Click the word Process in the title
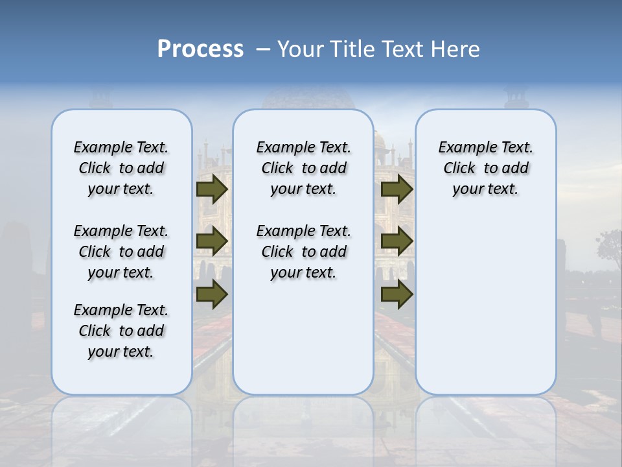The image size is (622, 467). pyautogui.click(x=200, y=49)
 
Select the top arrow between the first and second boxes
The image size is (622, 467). pyautogui.click(x=212, y=189)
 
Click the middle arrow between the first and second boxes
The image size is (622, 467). pyautogui.click(x=212, y=241)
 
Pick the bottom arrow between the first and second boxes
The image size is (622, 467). pyautogui.click(x=212, y=294)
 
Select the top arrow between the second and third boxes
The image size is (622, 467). pyautogui.click(x=397, y=189)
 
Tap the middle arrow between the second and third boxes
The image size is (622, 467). pyautogui.click(x=397, y=241)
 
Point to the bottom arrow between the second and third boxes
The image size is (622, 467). pyautogui.click(x=397, y=294)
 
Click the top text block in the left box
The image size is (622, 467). pyautogui.click(x=121, y=168)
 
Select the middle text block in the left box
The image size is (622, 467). pyautogui.click(x=121, y=252)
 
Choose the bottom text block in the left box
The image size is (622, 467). pyautogui.click(x=121, y=331)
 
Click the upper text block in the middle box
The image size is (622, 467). pyautogui.click(x=303, y=168)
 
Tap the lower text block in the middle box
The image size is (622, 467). pyautogui.click(x=303, y=252)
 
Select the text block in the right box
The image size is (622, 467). pyautogui.click(x=485, y=168)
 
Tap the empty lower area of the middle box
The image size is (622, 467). pyautogui.click(x=303, y=337)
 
